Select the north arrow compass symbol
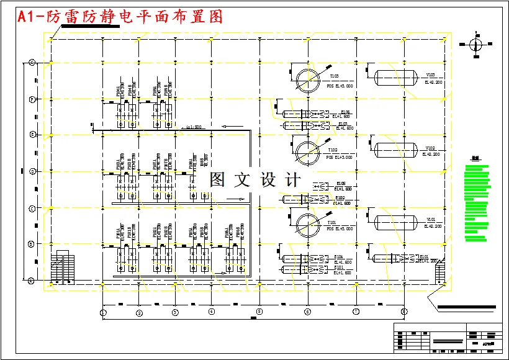click(x=475, y=44)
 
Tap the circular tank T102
click(x=306, y=151)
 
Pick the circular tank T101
click(x=306, y=223)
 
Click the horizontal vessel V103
click(x=395, y=77)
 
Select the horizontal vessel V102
click(x=395, y=149)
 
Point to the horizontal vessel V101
click(x=395, y=221)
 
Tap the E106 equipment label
click(x=345, y=112)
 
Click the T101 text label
click(x=334, y=222)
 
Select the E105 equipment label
click(x=341, y=184)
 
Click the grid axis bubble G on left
click(x=32, y=63)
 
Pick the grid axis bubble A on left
click(x=32, y=281)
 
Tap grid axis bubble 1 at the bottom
click(x=104, y=312)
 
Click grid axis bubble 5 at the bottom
click(x=259, y=312)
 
